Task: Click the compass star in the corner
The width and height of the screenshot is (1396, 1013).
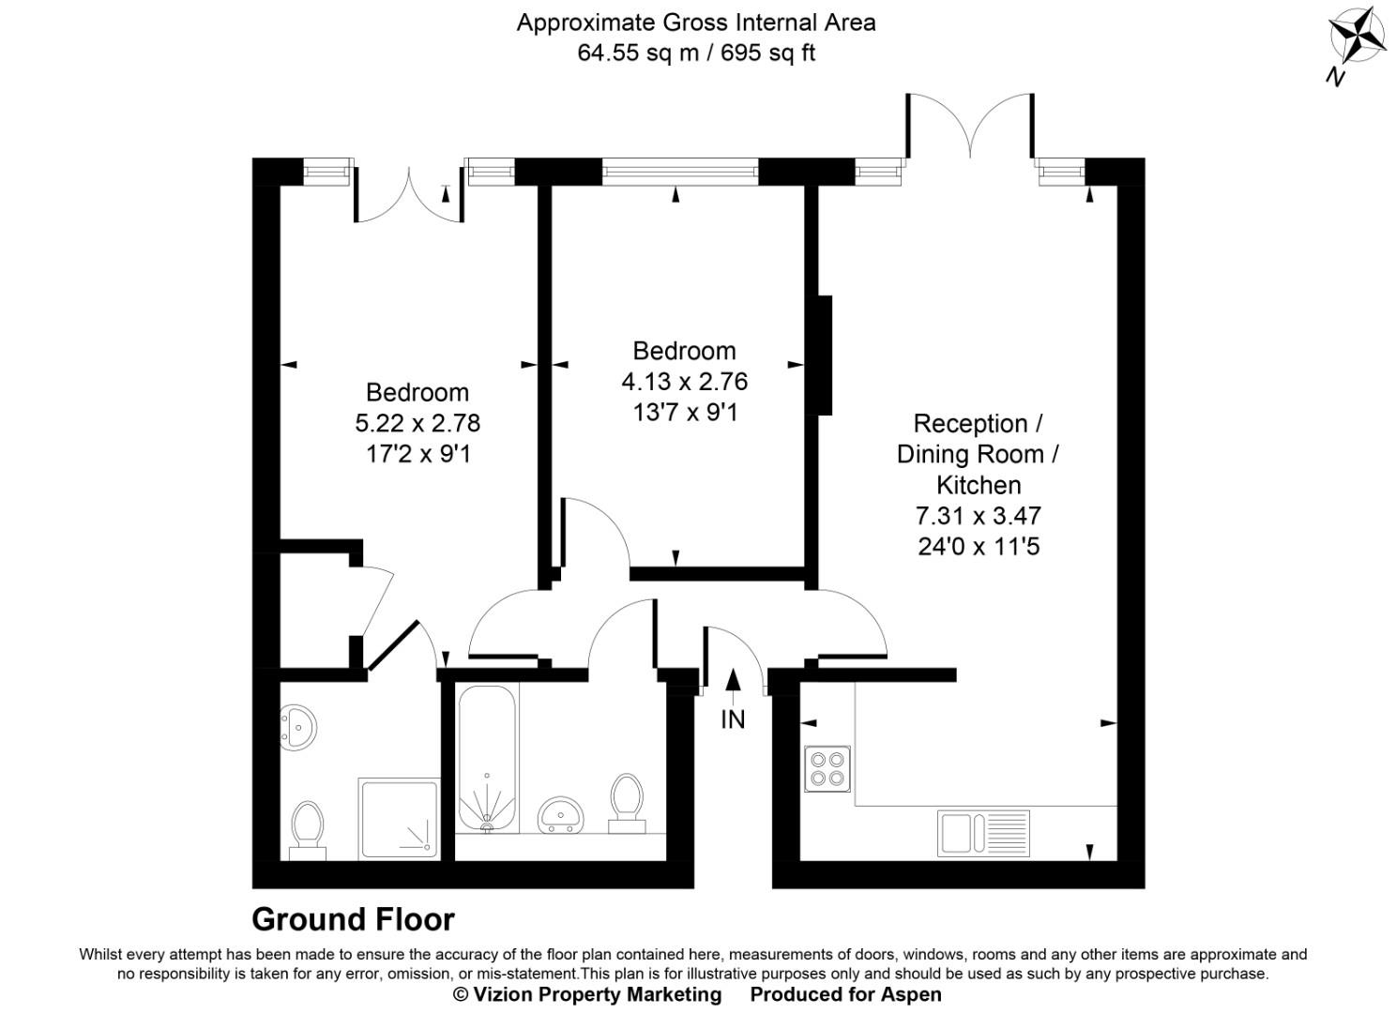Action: [x=1358, y=39]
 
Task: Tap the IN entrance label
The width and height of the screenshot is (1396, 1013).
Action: [x=733, y=719]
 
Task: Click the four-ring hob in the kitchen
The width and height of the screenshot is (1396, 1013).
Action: [x=827, y=769]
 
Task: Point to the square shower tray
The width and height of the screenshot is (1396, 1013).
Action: [x=399, y=818]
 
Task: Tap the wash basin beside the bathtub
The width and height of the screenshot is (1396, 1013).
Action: [x=562, y=814]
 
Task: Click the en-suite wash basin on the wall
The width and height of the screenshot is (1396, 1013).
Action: [x=298, y=727]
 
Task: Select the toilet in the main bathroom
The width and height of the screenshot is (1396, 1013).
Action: [x=627, y=803]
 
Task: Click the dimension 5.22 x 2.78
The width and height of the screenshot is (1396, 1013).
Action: [x=417, y=423]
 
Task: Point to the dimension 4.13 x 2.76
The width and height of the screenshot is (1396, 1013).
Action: [x=685, y=382]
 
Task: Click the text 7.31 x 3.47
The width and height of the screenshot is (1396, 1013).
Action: [x=979, y=515]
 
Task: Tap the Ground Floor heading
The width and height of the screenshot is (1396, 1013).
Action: [x=353, y=919]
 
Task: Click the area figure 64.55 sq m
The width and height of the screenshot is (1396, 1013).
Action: [x=638, y=53]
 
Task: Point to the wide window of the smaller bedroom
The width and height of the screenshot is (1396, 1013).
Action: [x=679, y=172]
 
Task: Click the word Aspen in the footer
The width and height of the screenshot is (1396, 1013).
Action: [x=911, y=994]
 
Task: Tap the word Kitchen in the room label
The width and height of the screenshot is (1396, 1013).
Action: [x=979, y=485]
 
